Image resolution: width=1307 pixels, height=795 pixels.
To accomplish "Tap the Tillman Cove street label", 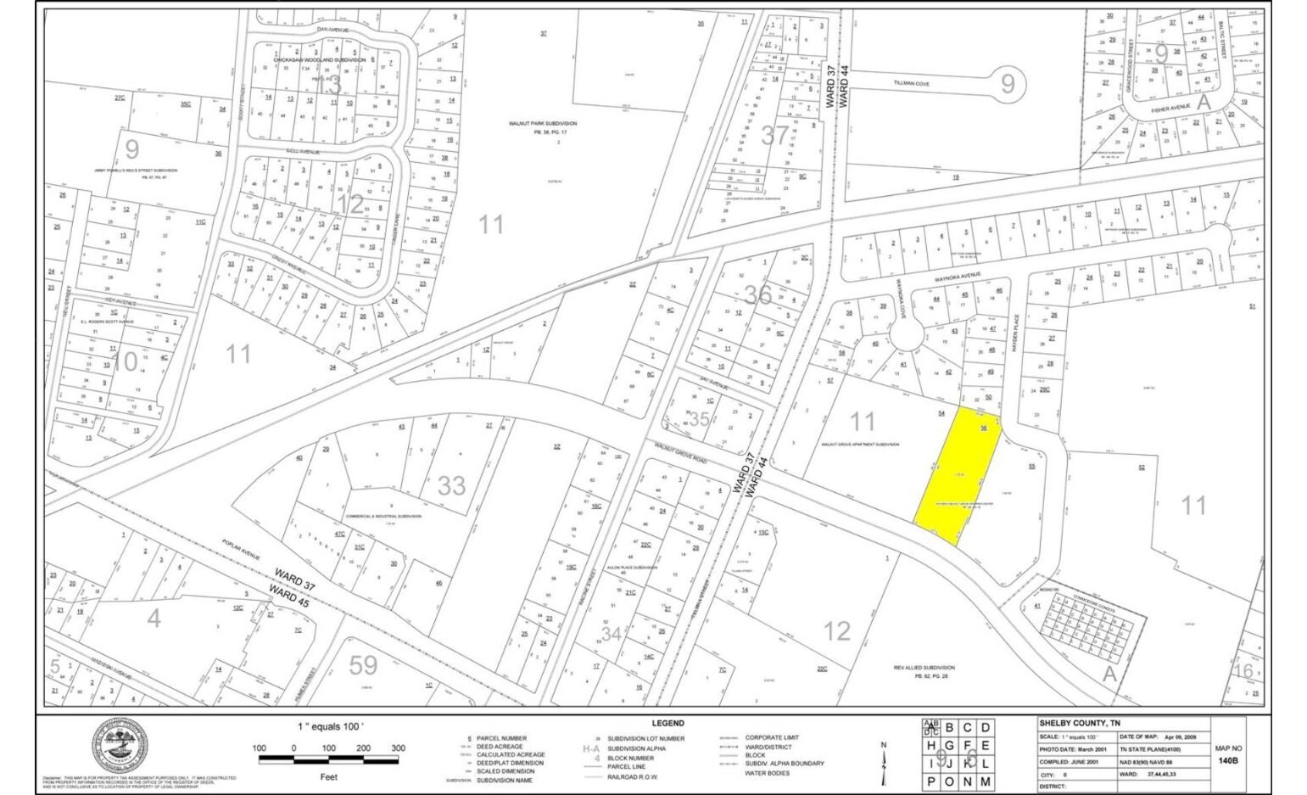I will click(911, 84).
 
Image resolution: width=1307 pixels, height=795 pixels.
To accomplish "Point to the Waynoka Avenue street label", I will click(958, 275).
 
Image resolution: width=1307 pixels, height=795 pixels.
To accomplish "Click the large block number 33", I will click(451, 485).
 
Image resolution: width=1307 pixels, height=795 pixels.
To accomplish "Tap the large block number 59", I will click(363, 664).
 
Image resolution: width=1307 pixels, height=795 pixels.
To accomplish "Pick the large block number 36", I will click(757, 294).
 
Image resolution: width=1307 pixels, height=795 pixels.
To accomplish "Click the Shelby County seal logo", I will click(120, 746).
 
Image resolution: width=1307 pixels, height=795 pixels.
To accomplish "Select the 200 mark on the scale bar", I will click(363, 748).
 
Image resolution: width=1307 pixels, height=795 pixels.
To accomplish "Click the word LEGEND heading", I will click(667, 724).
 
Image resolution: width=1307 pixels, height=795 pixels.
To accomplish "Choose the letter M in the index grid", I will click(985, 781).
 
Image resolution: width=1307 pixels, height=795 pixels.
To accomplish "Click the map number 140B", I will click(1227, 761).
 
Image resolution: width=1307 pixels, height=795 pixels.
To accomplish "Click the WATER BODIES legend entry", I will click(767, 773).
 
